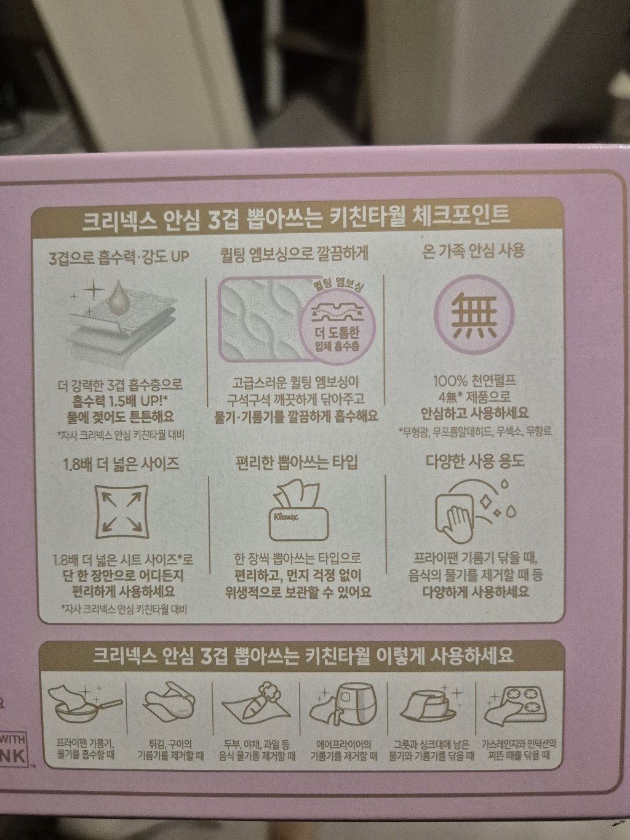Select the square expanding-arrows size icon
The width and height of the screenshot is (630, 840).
pos(121,508)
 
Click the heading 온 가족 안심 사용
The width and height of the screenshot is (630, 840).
pos(474,252)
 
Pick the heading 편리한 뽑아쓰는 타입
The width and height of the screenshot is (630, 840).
pos(296,462)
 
